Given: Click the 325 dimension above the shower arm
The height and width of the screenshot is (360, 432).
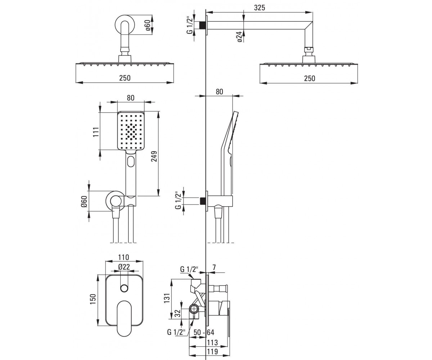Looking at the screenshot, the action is coord(259,8).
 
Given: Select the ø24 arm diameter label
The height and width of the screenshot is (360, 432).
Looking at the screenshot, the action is coord(240,37).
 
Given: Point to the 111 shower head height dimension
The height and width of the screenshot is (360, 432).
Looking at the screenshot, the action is coord(96,132).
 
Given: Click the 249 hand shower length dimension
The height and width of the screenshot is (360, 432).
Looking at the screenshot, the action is coord(154,156).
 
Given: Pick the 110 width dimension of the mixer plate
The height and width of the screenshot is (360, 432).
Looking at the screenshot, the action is coord(123,257).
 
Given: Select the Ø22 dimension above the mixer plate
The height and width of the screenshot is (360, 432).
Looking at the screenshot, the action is coord(124,267).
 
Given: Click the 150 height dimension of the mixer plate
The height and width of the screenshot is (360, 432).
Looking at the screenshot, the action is coord(93,299).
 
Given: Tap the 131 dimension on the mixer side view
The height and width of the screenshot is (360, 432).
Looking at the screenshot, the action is coord(167,298).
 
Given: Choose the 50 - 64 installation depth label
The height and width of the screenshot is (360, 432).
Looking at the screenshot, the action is coord(204,333).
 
